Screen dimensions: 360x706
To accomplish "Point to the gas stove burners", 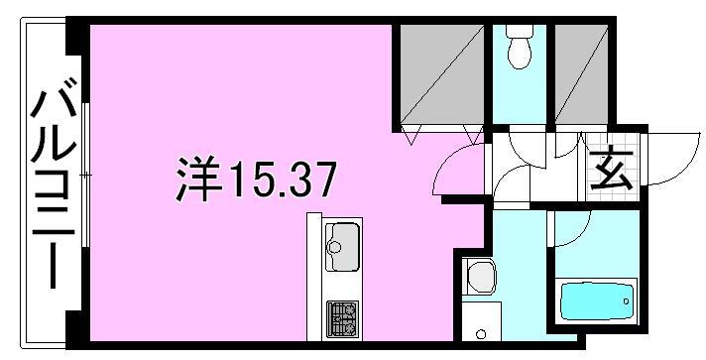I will tap(343, 316).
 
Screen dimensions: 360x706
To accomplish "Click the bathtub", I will tap(596, 299).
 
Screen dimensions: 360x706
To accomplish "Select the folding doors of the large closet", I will tap(439, 130).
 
